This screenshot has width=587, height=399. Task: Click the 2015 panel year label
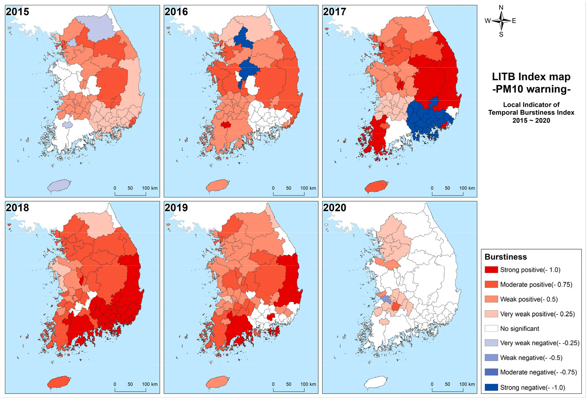tap(18, 12)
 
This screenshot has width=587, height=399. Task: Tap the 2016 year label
tap(176, 12)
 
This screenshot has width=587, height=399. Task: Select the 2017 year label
tap(334, 12)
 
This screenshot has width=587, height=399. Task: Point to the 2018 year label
tap(18, 208)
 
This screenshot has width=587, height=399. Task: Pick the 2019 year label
tap(176, 208)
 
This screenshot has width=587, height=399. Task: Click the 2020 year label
tap(334, 208)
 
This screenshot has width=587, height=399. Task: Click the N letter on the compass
tap(501, 7)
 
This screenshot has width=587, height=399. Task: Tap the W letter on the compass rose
tap(487, 21)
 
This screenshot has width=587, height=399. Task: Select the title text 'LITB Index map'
tap(531, 77)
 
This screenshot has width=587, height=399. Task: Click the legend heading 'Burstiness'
tap(506, 257)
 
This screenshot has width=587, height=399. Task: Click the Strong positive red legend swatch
tap(491, 270)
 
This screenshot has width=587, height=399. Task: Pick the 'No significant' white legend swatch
tap(491, 329)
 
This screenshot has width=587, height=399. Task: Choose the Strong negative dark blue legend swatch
tap(491, 387)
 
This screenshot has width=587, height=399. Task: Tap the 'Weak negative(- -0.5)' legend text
tap(531, 358)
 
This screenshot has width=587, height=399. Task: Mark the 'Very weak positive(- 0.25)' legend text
tap(537, 314)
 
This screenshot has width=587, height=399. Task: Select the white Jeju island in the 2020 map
tap(376, 383)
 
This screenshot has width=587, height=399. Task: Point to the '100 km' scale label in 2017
tap(467, 188)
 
